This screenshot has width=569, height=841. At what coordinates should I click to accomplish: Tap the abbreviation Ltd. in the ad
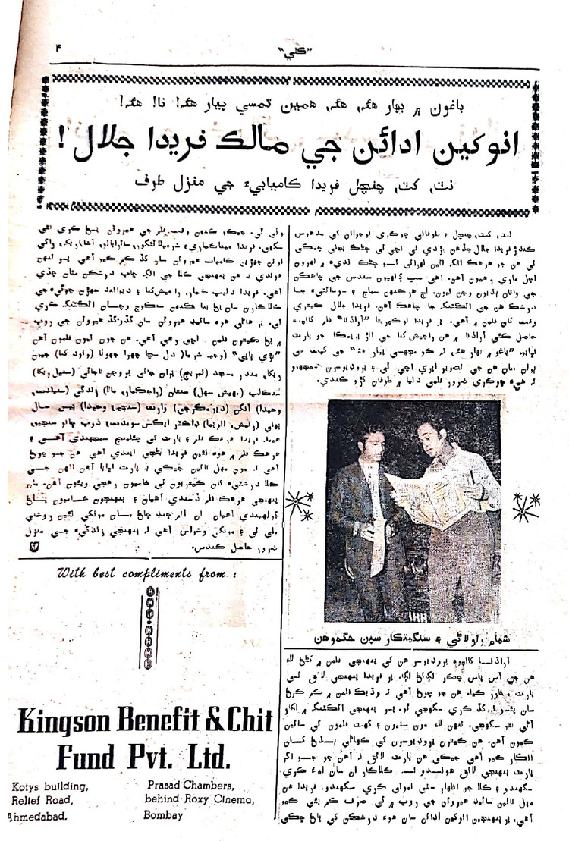[204, 757]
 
